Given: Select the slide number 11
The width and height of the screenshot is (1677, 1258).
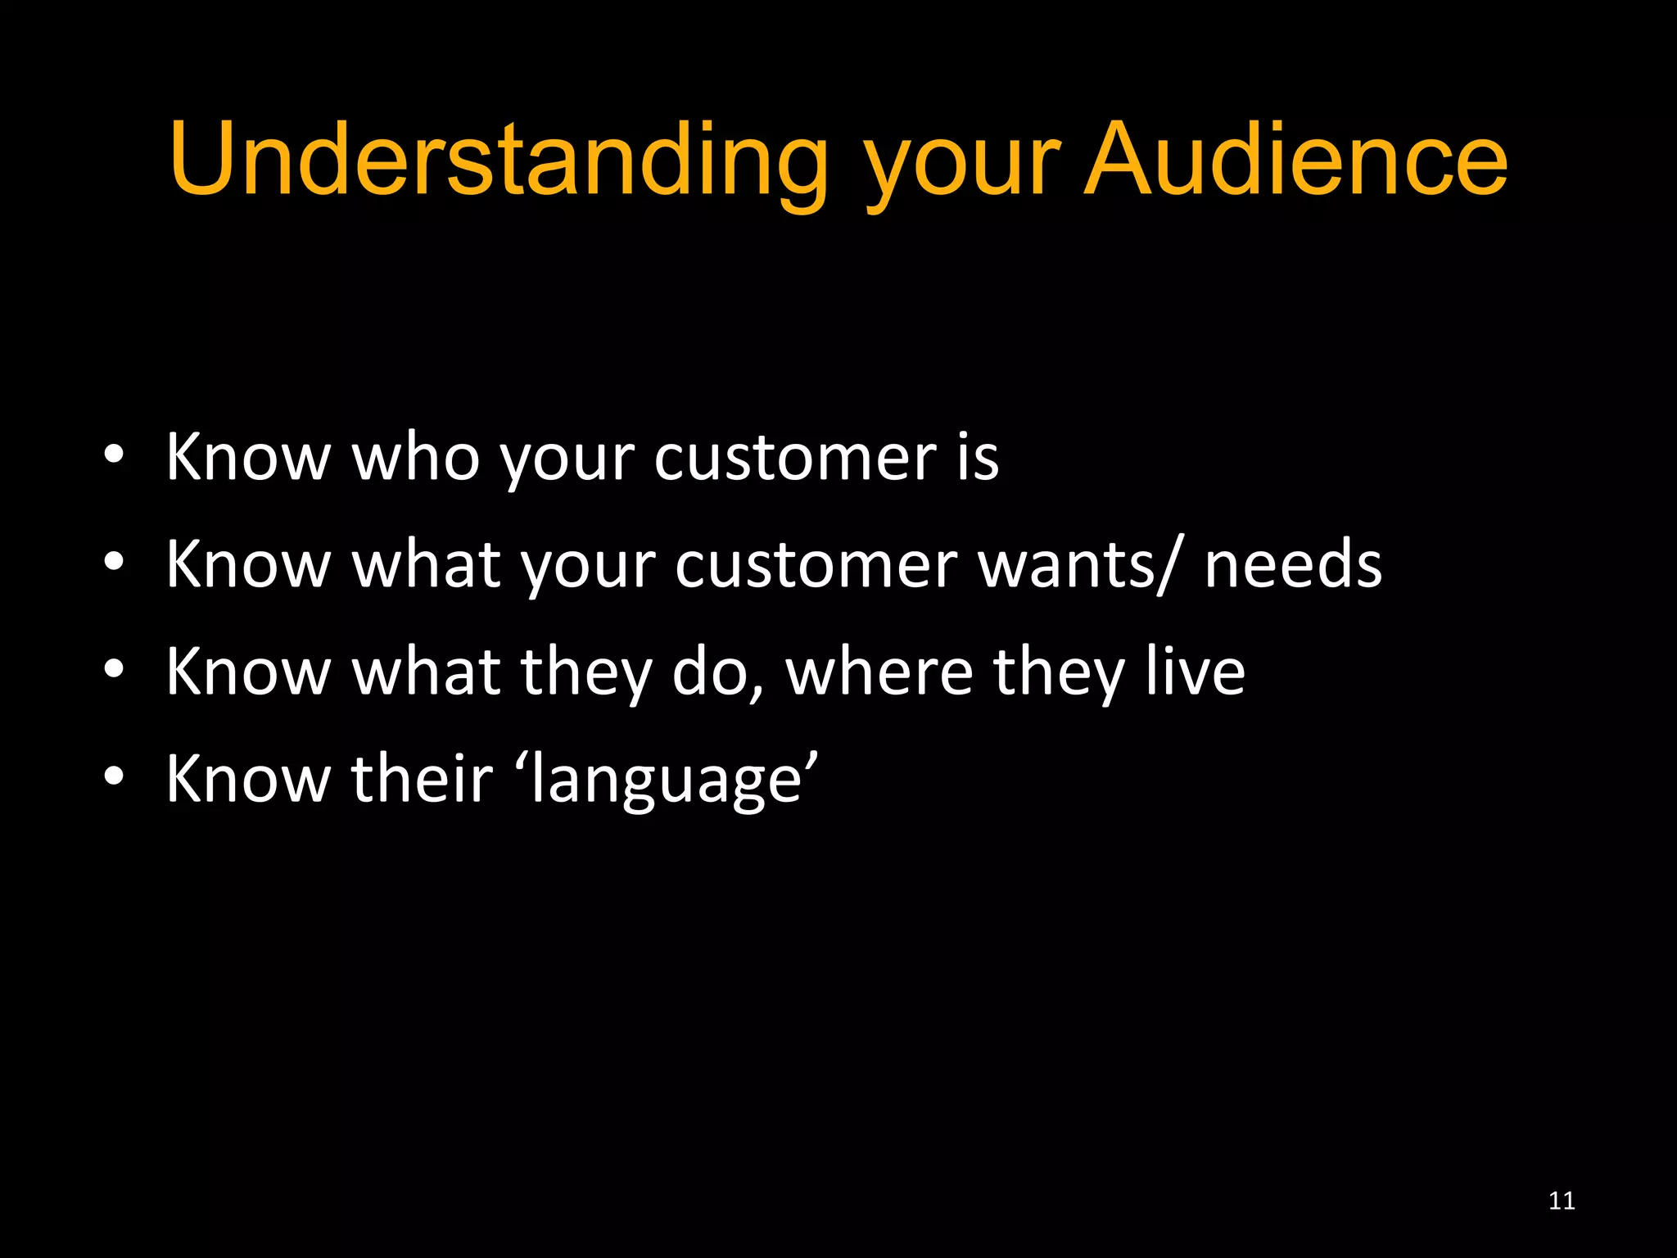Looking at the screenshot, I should point(1562,1201).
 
